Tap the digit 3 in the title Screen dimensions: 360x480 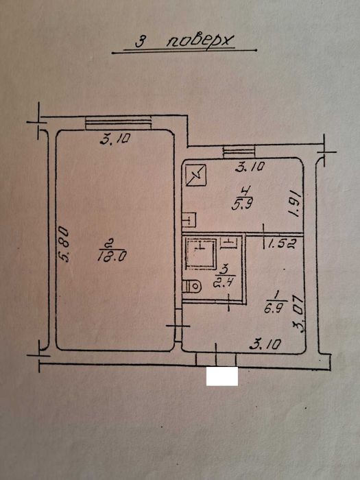(140, 42)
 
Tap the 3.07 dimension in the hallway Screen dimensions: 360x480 (299, 314)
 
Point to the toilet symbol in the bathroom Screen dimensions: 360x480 (192, 287)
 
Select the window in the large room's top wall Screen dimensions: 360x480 (118, 123)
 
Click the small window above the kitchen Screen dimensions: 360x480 (239, 152)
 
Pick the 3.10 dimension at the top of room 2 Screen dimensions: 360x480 (115, 140)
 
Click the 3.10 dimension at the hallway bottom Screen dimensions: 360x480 (265, 345)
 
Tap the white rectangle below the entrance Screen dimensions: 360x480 (222, 376)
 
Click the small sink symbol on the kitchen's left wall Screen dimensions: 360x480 (189, 219)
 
